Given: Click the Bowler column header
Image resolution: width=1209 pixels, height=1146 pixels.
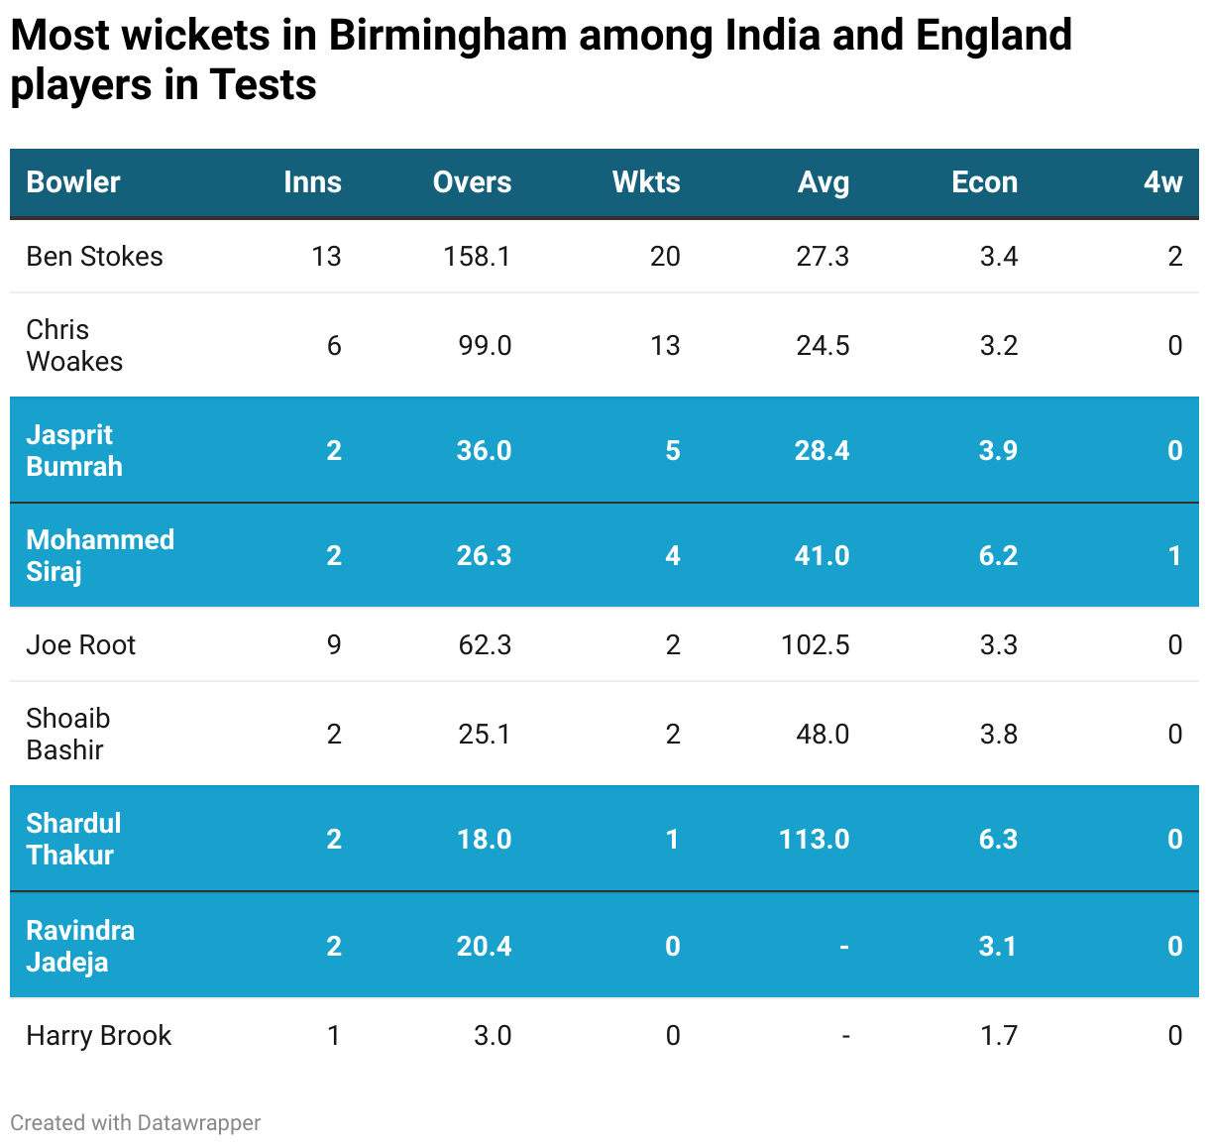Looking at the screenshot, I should click(x=73, y=182).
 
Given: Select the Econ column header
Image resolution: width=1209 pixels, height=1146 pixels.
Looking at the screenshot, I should click(x=984, y=182).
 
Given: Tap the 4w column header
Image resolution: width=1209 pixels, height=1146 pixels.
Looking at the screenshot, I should click(x=1162, y=182).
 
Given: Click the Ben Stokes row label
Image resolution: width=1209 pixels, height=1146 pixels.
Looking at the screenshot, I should click(x=94, y=257).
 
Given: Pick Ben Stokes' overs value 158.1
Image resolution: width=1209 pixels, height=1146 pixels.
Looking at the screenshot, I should click(x=477, y=257).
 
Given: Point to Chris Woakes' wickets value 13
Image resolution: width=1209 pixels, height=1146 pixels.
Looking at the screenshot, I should click(x=665, y=346).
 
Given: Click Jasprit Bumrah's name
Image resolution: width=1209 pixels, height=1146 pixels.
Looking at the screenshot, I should click(x=74, y=450).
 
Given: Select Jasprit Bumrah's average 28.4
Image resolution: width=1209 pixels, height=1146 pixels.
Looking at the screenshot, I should click(x=822, y=451).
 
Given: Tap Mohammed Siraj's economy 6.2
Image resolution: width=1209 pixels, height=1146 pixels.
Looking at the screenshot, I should click(x=998, y=556).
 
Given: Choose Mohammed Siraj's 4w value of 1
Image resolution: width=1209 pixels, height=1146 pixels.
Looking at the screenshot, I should click(x=1174, y=556).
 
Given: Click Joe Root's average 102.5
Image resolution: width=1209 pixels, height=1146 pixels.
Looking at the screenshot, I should click(x=815, y=645).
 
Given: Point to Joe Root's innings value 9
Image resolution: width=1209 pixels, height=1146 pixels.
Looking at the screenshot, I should click(x=334, y=645).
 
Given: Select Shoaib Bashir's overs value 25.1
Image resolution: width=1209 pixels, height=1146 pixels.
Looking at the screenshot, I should click(x=485, y=735).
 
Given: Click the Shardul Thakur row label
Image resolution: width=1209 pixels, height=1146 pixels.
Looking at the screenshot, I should click(x=73, y=839).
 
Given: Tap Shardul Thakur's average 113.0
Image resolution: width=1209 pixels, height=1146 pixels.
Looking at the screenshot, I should click(x=814, y=840).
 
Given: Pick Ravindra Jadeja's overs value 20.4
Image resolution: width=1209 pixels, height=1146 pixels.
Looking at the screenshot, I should click(x=484, y=947).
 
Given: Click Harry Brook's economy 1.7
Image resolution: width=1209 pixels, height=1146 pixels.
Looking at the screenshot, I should click(x=998, y=1036).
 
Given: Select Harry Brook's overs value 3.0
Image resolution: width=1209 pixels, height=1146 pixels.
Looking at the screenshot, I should click(x=493, y=1036).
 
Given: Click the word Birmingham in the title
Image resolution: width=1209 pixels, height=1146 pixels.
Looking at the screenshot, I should click(x=447, y=36).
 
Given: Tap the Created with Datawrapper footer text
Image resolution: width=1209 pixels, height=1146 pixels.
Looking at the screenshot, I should click(x=136, y=1123).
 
